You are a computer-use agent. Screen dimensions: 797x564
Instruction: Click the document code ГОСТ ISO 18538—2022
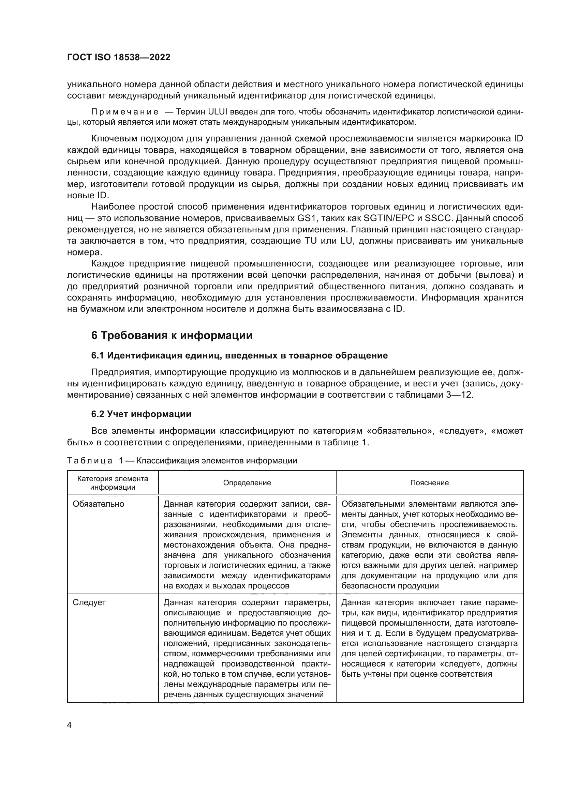[118, 58]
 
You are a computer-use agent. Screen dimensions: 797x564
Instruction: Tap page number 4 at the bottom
[69, 725]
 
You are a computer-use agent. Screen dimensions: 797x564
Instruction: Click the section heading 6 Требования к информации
[172, 336]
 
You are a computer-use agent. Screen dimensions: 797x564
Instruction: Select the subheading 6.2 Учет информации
[141, 414]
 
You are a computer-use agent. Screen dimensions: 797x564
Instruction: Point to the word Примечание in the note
[125, 112]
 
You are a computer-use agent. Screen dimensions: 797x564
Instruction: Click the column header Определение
[247, 482]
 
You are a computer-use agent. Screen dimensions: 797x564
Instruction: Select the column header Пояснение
[429, 482]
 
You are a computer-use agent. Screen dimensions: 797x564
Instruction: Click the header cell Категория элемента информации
[113, 482]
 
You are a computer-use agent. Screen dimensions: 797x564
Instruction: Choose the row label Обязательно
[98, 504]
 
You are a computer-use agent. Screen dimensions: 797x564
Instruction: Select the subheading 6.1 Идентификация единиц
[239, 355]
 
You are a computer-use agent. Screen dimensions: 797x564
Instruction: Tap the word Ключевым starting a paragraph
[115, 138]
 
